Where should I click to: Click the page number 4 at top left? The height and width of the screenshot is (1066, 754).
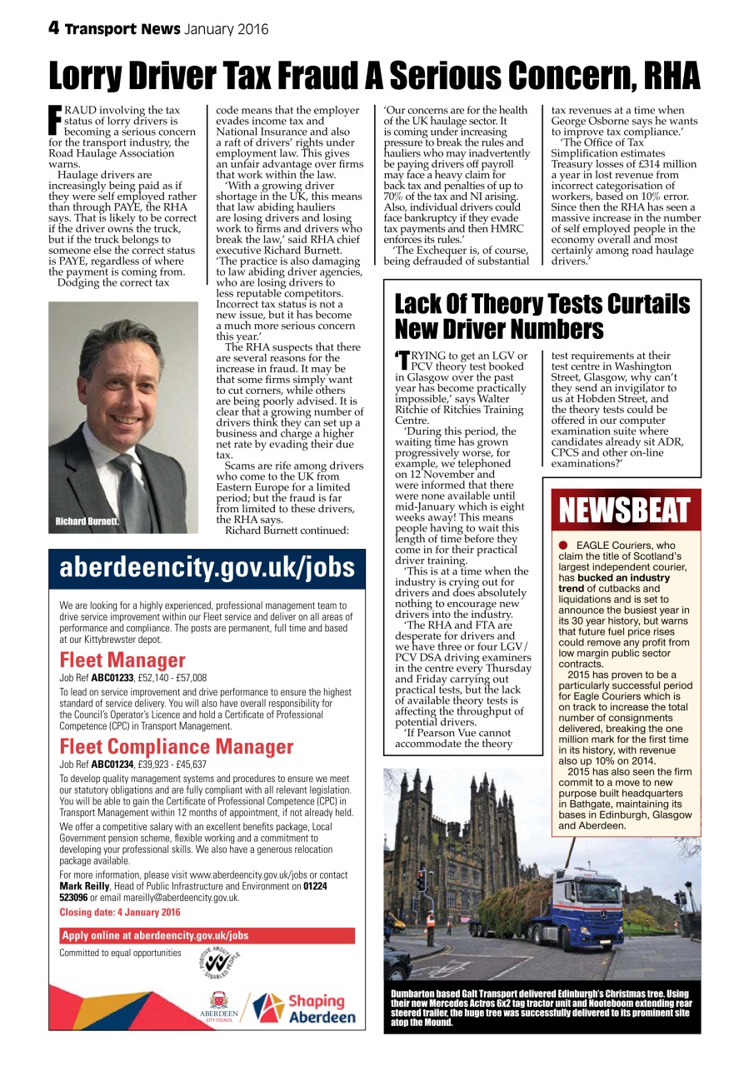[x=53, y=28]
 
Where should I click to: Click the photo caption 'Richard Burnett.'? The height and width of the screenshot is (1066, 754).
[x=87, y=521]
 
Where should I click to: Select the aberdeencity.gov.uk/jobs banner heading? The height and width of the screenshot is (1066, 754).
[x=207, y=568]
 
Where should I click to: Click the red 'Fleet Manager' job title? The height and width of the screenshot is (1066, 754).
[x=122, y=660]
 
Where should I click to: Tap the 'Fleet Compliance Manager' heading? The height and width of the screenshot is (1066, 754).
[x=177, y=746]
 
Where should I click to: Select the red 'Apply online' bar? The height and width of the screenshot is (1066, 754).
[x=207, y=935]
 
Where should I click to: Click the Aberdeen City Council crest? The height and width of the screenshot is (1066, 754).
[x=219, y=1000]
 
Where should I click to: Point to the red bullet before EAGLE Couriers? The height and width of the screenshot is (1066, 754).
[x=563, y=545]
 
